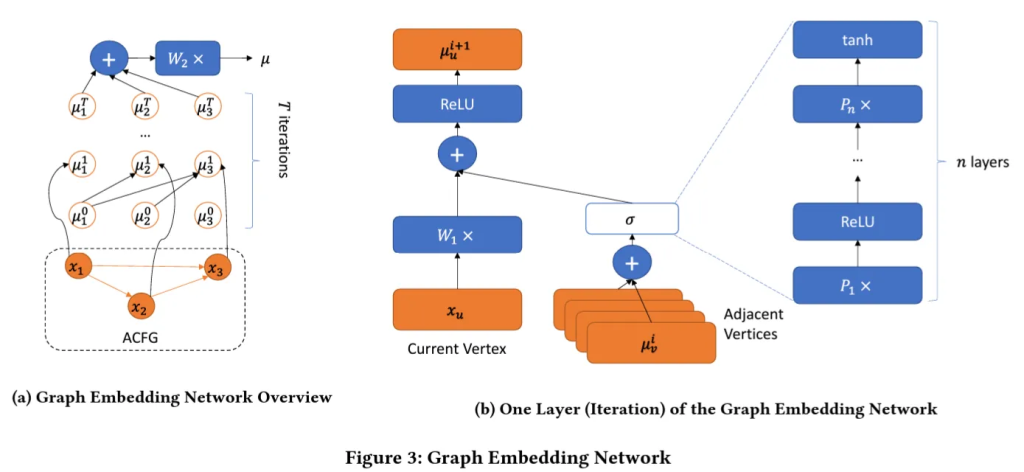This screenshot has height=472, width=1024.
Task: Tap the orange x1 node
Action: [x=77, y=267]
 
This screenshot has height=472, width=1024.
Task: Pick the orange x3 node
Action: [x=216, y=268]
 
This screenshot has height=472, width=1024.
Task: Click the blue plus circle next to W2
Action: [x=109, y=59]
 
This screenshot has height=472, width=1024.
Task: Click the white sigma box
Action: [x=631, y=218]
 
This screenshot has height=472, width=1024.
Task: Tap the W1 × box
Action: [x=457, y=237]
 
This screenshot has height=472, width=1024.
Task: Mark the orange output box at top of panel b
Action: [x=457, y=49]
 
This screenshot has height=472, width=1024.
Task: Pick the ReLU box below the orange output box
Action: [x=457, y=104]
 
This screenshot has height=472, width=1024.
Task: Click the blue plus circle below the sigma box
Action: [x=631, y=263]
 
